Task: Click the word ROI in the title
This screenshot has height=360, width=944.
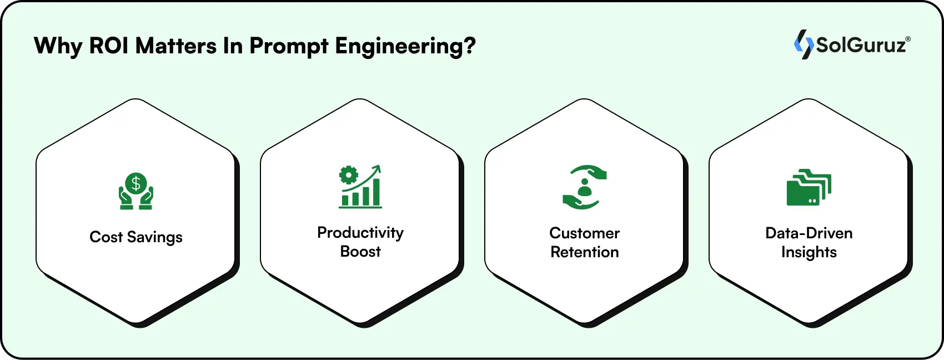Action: (x=109, y=46)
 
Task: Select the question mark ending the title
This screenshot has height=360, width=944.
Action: (x=470, y=46)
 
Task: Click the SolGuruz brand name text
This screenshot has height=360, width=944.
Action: (x=861, y=45)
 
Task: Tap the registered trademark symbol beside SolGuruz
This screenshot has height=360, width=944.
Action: (x=908, y=39)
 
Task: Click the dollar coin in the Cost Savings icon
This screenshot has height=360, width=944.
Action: (x=135, y=183)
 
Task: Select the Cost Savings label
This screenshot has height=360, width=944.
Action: (x=136, y=237)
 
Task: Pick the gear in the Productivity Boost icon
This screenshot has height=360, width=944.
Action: (x=349, y=175)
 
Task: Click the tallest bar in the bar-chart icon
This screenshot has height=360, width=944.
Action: (x=376, y=192)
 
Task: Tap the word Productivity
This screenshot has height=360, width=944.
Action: (x=360, y=233)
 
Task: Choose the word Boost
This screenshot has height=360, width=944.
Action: (x=360, y=252)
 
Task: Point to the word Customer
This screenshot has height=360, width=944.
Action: (x=584, y=233)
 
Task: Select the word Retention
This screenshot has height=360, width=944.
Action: (x=584, y=252)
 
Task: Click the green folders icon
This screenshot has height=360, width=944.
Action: (x=809, y=188)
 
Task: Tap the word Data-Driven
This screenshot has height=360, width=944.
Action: (x=809, y=233)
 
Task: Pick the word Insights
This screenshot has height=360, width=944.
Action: (x=809, y=252)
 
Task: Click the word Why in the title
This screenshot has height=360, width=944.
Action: (x=58, y=46)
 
